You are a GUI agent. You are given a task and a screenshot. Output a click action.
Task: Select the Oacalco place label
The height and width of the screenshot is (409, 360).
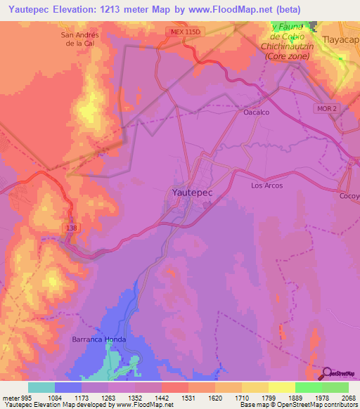257,112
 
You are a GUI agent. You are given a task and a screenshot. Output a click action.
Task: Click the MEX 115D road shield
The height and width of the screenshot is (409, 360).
184,32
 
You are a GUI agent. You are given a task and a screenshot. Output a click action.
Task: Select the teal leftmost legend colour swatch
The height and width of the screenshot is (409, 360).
41,387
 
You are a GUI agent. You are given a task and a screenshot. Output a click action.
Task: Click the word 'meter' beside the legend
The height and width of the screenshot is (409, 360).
9,398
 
